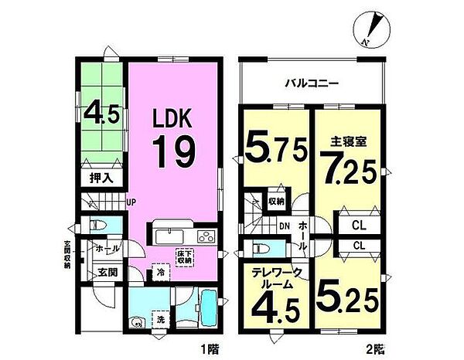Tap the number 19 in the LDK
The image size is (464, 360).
pyautogui.click(x=176, y=151)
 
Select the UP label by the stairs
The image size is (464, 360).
pyautogui.click(x=131, y=202)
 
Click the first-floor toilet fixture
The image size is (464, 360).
pyautogui.click(x=97, y=227)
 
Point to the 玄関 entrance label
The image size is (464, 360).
pyautogui.click(x=106, y=273)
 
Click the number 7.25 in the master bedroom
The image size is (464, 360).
pyautogui.click(x=347, y=165)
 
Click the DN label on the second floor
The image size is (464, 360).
pyautogui.click(x=285, y=226)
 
